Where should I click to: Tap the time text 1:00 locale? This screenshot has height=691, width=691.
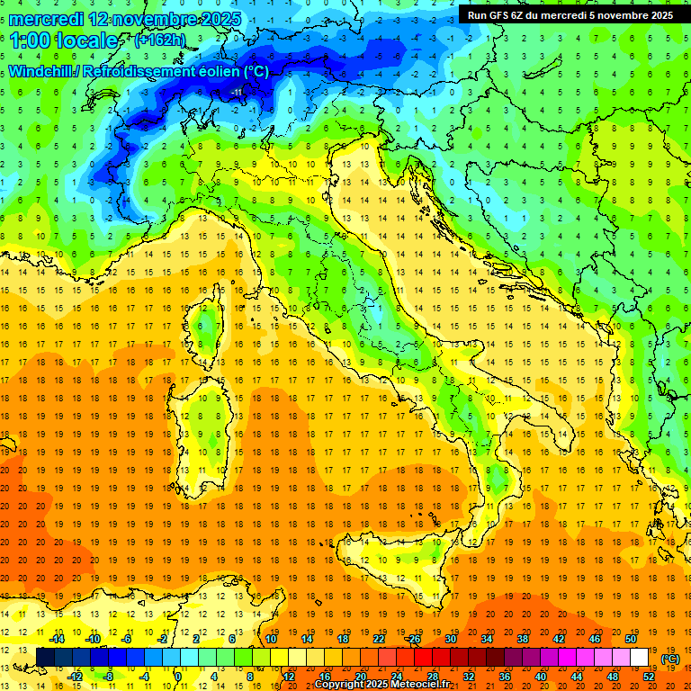click(x=64, y=40)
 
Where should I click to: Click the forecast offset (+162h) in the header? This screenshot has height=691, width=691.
click(x=159, y=40)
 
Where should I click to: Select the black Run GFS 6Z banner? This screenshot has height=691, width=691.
click(x=570, y=14)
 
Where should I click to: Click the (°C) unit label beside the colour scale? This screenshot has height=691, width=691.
click(x=670, y=659)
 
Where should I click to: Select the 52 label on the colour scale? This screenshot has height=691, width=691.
click(x=649, y=676)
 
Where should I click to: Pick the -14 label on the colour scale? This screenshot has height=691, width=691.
click(x=57, y=639)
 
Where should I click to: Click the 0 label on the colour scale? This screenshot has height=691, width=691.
click(x=178, y=676)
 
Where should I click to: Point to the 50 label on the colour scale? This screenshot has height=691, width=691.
click(x=631, y=639)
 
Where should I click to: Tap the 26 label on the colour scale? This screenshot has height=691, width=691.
click(x=415, y=639)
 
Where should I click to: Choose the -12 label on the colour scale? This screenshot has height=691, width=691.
click(x=75, y=676)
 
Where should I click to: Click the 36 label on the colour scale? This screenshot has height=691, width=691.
click(x=505, y=676)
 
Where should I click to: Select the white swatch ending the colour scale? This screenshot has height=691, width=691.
click(x=640, y=657)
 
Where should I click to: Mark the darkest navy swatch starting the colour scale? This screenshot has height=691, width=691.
click(x=45, y=657)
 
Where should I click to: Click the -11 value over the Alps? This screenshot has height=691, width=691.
click(x=237, y=92)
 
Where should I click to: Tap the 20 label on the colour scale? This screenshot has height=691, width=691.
click(x=361, y=676)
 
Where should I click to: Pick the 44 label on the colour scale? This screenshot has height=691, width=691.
click(x=577, y=676)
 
